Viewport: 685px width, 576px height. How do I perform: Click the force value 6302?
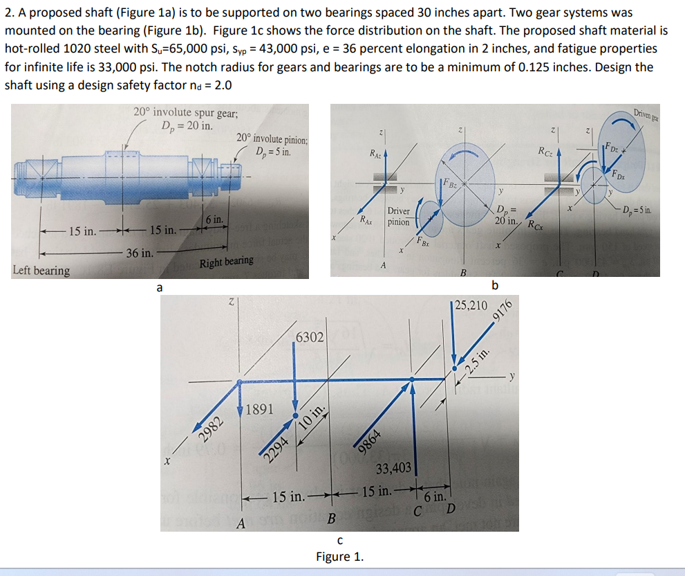(309, 337)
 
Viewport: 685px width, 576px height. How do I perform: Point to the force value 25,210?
(471, 305)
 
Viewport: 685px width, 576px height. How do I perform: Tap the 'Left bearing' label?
(41, 270)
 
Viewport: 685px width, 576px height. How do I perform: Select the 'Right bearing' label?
(227, 262)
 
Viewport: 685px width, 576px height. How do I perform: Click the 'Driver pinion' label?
(398, 217)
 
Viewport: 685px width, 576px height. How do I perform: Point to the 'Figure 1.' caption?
(339, 557)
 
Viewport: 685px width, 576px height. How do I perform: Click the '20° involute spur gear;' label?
(186, 113)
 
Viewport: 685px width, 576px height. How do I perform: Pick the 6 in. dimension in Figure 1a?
(213, 219)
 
